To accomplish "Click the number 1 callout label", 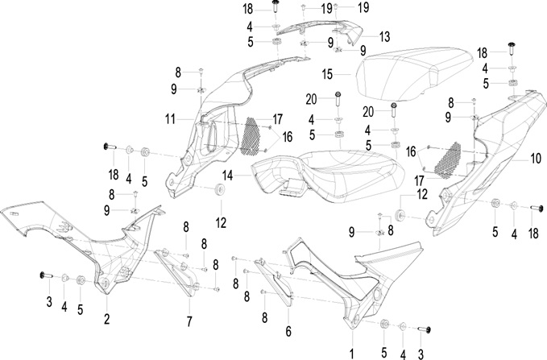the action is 351,354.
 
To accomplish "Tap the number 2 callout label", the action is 107,318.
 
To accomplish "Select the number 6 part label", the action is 288,331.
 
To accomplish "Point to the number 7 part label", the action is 189,321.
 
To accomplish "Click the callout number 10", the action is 536,159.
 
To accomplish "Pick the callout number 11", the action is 170,120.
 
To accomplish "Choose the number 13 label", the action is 384,36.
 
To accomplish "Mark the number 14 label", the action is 227,176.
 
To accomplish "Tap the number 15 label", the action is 327,74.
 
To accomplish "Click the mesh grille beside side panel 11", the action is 251,136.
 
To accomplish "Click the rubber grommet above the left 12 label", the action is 220,190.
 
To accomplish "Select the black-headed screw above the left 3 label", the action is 46,275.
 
